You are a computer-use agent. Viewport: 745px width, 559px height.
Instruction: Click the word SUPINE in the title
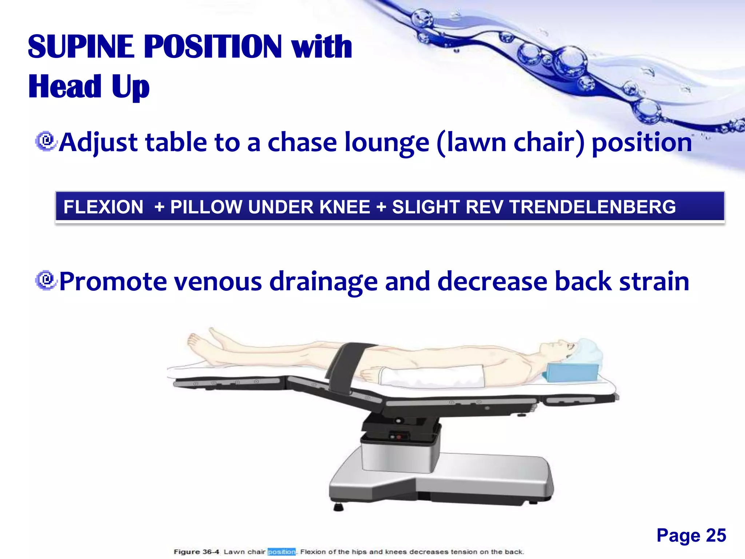click(x=81, y=47)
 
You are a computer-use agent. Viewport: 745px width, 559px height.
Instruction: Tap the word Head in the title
click(x=65, y=87)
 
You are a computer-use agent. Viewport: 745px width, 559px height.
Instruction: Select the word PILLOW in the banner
click(x=207, y=207)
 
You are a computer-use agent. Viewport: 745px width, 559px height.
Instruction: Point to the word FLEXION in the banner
click(x=103, y=207)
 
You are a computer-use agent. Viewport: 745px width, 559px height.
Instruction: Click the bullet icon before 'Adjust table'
click(x=46, y=141)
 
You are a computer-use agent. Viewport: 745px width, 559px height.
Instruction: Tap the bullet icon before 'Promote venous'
click(x=46, y=281)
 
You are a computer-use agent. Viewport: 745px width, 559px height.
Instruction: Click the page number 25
click(x=716, y=535)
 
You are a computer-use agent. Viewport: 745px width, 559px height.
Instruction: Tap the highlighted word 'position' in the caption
click(x=282, y=552)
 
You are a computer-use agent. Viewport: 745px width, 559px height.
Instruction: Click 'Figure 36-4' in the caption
click(x=196, y=552)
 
